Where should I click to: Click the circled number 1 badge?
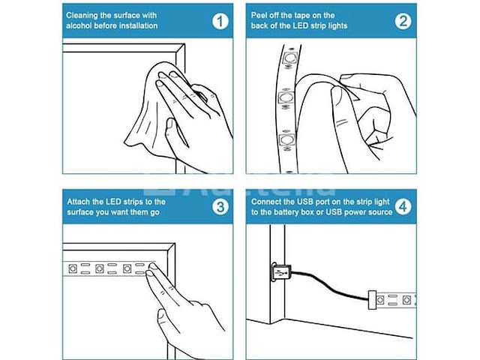220,22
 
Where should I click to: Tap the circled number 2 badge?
403,22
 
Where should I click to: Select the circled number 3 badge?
220,207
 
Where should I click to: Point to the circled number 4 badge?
403,207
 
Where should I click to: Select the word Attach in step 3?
78,202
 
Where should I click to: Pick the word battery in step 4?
286,212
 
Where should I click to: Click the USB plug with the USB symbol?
280,271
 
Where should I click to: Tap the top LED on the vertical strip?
290,58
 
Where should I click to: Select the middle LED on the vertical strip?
286,97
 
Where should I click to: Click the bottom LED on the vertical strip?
286,139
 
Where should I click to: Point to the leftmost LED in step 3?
73,268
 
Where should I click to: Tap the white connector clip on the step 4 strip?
372,299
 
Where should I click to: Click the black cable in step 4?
329,286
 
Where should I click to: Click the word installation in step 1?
138,25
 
